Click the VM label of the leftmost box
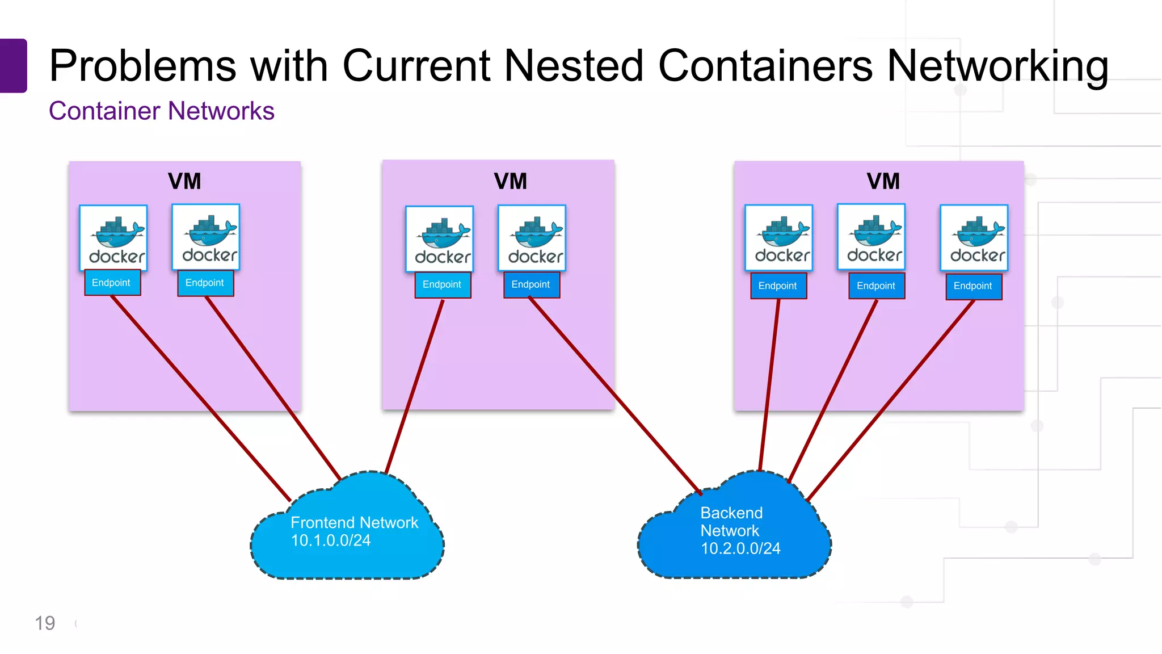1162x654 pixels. pyautogui.click(x=184, y=182)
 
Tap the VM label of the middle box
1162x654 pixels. pyautogui.click(x=510, y=182)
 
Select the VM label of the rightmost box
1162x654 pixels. pyautogui.click(x=883, y=182)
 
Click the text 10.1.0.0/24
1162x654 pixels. pyautogui.click(x=331, y=540)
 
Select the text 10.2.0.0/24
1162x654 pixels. pyautogui.click(x=740, y=548)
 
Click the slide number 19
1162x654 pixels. pyautogui.click(x=45, y=623)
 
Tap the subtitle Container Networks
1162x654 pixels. pyautogui.click(x=162, y=111)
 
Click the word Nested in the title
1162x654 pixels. pyautogui.click(x=574, y=65)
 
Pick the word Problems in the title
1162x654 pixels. pyautogui.click(x=142, y=65)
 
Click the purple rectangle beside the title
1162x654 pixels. pyautogui.click(x=13, y=65)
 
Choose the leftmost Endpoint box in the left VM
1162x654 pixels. pyautogui.click(x=112, y=283)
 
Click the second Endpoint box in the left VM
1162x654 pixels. pyautogui.click(x=205, y=283)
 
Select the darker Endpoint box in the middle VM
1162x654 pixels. pyautogui.click(x=532, y=284)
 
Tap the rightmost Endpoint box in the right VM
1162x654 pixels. pyautogui.click(x=974, y=286)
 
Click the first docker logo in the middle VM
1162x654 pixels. pyautogui.click(x=440, y=238)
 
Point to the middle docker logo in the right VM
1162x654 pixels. pyautogui.click(x=871, y=237)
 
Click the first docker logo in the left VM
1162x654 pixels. pyautogui.click(x=113, y=238)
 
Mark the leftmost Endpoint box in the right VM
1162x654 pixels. pyautogui.click(x=778, y=286)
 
